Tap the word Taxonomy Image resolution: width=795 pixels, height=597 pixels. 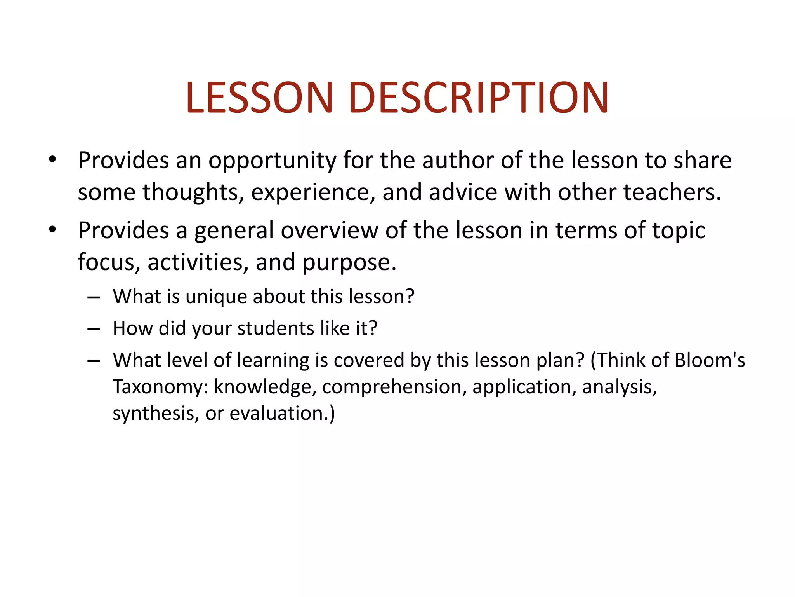160,387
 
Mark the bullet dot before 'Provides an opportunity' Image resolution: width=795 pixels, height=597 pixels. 53,159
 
